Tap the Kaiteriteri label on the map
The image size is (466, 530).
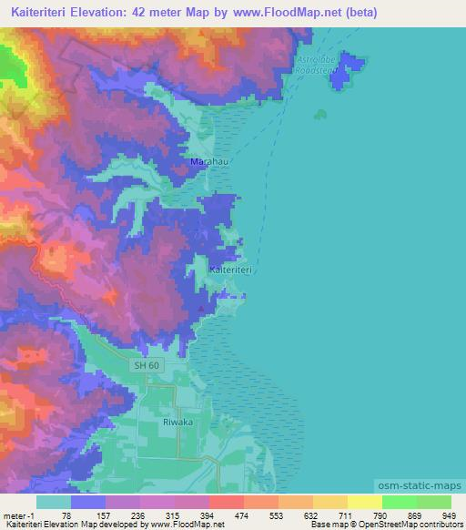(x=230, y=270)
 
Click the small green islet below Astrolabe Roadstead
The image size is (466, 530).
(x=319, y=115)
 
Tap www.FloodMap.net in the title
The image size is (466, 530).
(x=292, y=13)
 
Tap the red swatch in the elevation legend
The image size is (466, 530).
(x=226, y=502)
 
